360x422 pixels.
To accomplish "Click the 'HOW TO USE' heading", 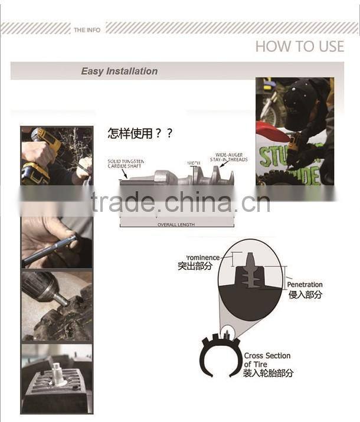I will point(299,47).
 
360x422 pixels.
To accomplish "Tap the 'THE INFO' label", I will point(87,30).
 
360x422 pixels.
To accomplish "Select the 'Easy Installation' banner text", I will point(119,71).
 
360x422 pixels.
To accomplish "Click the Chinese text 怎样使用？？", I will point(140,133).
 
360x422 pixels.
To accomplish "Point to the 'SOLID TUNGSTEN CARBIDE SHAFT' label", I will point(125,163).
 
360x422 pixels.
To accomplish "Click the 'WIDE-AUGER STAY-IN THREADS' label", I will point(230,157).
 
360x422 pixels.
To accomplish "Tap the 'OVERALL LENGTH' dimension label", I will point(175,225).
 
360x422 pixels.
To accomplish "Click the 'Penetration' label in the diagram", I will point(305,285).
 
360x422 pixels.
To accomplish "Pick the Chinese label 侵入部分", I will point(305,294).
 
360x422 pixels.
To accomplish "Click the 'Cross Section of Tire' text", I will point(267,359).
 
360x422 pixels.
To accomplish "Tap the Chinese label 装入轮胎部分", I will point(268,373).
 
